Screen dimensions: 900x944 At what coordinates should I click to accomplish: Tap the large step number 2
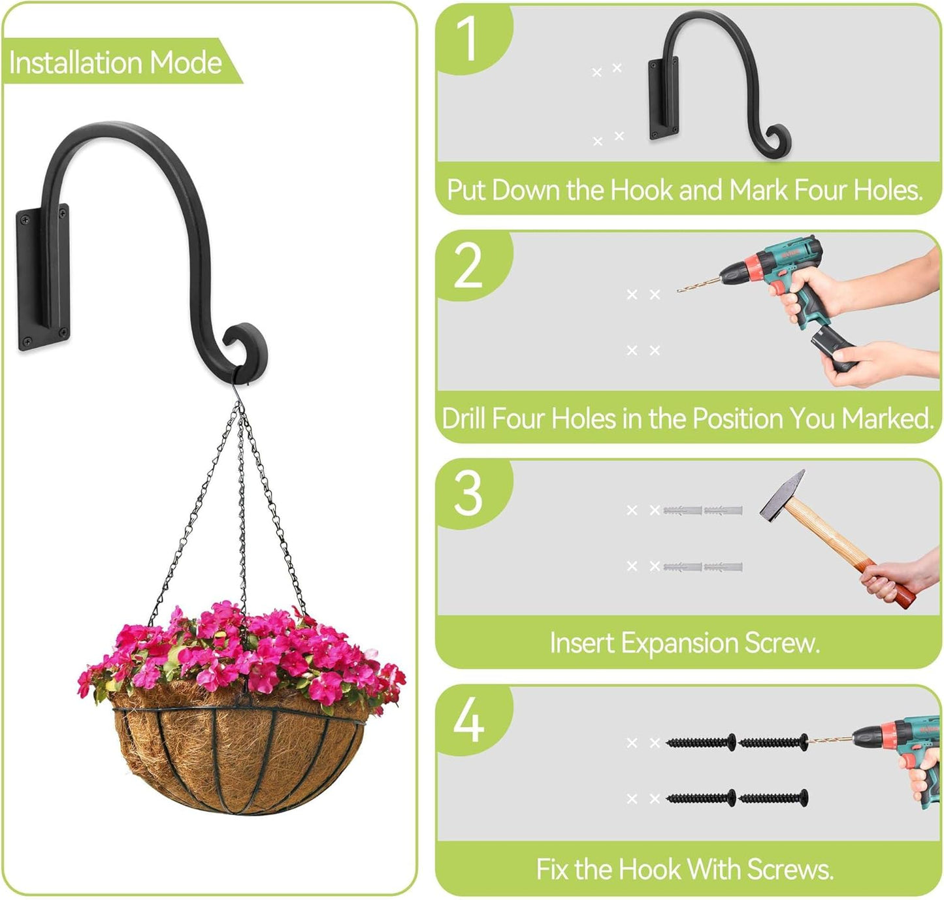(468, 266)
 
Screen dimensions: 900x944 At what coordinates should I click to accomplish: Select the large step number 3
(468, 493)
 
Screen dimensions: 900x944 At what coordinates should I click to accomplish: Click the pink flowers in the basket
(242, 653)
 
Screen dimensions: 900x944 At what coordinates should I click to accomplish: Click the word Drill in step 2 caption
(463, 418)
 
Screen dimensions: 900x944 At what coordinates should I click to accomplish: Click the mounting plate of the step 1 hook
(664, 98)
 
